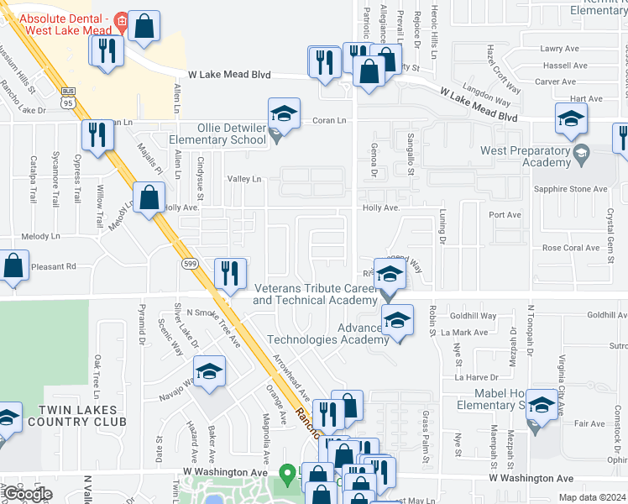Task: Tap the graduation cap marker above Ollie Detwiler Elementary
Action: tap(284, 114)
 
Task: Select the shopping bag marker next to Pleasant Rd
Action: tap(13, 266)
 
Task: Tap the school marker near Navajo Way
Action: tap(209, 372)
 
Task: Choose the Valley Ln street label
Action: tap(244, 179)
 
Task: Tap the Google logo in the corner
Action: tap(27, 494)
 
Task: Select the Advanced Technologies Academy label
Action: tap(328, 333)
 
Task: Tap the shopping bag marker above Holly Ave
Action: tap(149, 199)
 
